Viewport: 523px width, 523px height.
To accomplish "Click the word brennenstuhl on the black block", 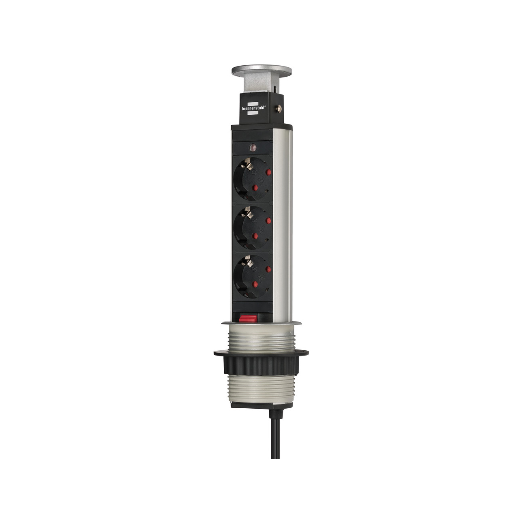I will (x=254, y=107).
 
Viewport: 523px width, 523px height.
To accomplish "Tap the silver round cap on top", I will (x=256, y=71).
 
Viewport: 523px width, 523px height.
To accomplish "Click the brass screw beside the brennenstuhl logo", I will (x=279, y=108).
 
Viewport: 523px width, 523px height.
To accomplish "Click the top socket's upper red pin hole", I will (x=268, y=172).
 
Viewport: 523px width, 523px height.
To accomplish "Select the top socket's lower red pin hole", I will (x=255, y=188).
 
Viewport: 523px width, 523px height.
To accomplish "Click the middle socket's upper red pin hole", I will (x=268, y=221).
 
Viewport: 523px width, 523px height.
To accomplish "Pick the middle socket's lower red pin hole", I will (x=255, y=236).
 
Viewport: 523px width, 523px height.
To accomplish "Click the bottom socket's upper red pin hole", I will (x=268, y=269).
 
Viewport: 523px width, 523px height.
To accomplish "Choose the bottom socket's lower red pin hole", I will (x=255, y=284).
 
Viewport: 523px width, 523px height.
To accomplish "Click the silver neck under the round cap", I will (x=256, y=85).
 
